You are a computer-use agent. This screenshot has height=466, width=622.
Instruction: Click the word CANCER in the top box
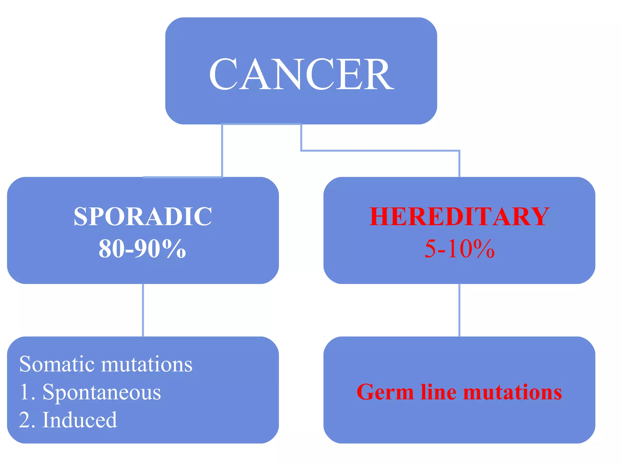click(x=301, y=74)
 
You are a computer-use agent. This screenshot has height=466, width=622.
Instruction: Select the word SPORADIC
click(x=143, y=217)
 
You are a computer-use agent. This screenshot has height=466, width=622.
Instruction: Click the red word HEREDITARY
click(x=459, y=217)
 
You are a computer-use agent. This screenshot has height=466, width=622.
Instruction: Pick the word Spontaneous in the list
click(x=102, y=392)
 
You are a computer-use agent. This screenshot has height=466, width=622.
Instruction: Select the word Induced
click(x=80, y=420)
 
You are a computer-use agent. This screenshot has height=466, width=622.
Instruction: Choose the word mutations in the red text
click(x=512, y=392)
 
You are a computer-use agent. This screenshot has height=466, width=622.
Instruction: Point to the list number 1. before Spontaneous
click(x=27, y=392)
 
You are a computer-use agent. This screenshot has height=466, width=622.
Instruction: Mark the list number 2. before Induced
click(x=27, y=420)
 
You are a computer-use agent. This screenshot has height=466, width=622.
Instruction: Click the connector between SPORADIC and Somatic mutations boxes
click(x=143, y=310)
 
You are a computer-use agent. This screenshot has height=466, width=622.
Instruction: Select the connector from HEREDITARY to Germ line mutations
click(x=459, y=310)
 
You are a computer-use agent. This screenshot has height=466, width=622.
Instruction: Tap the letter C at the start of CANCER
click(x=223, y=74)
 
